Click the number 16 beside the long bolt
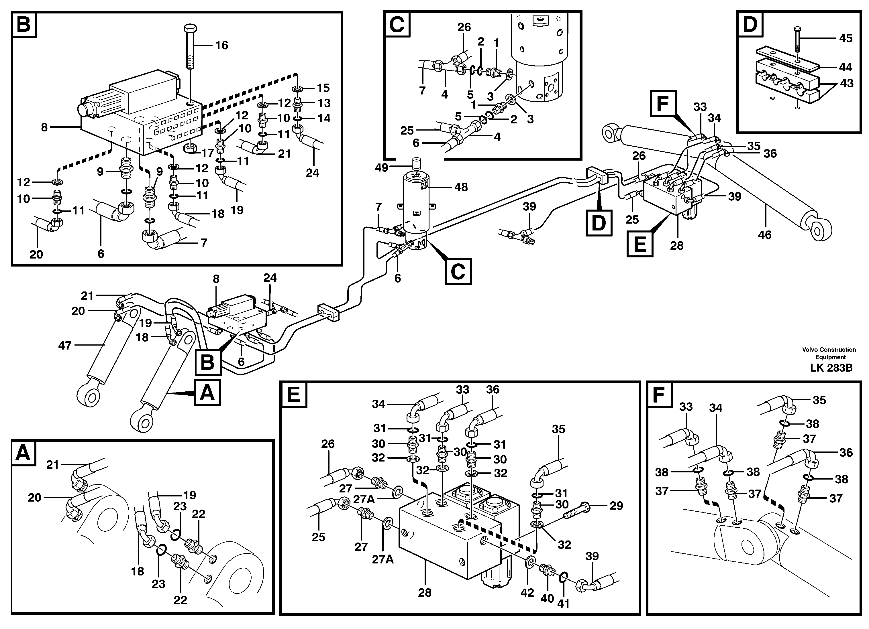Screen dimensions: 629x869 [x=221, y=46]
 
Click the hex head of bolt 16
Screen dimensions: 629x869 [x=191, y=29]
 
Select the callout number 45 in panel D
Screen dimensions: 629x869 [x=846, y=38]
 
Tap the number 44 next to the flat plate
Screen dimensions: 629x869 [x=845, y=67]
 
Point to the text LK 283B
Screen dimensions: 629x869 [x=831, y=368]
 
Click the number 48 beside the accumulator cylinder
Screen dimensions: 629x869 [x=461, y=187]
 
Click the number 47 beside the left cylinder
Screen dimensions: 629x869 [x=65, y=346]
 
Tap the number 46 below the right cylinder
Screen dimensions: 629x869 [x=764, y=235]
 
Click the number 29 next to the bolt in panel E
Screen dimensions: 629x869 [x=616, y=506]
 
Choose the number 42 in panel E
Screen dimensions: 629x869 [x=527, y=593]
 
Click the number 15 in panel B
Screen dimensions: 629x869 [x=323, y=88]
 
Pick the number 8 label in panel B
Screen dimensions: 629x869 [x=44, y=127]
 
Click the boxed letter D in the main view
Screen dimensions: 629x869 [x=599, y=222]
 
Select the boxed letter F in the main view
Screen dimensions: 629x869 [x=663, y=103]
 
